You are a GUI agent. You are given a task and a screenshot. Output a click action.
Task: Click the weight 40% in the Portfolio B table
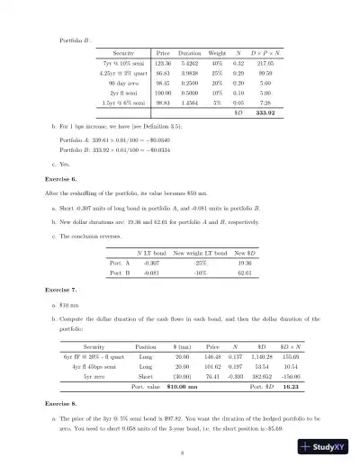[218, 66]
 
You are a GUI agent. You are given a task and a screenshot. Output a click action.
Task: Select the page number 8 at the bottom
[181, 452]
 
